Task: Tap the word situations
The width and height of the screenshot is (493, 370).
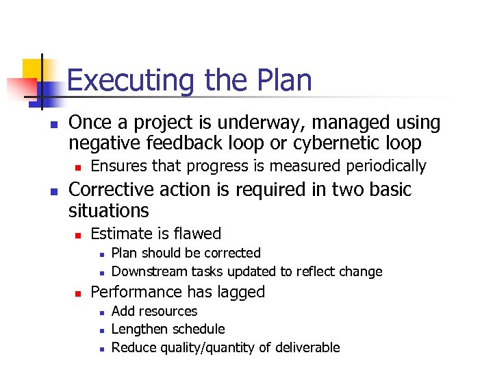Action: click(108, 210)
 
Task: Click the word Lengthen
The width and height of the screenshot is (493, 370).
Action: click(138, 330)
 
